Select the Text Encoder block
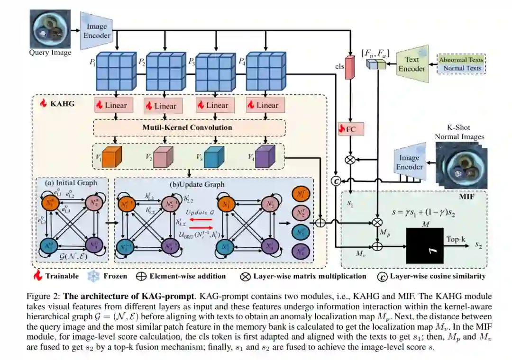coord(411,64)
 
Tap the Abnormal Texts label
coord(461,60)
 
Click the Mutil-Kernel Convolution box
coord(188,127)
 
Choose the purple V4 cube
coord(265,156)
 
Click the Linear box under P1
coord(114,105)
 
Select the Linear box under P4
coord(266,105)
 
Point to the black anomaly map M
coord(424,245)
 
